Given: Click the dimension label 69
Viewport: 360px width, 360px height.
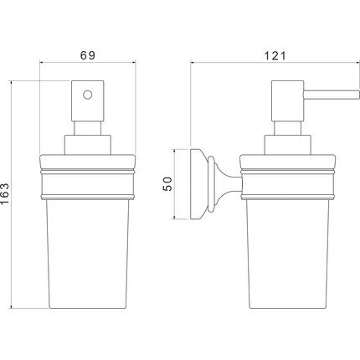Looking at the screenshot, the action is pos(88,55).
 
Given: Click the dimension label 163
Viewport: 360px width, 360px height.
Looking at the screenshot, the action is pos(5,193).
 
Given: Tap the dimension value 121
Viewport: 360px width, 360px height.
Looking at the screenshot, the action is pos(275,56).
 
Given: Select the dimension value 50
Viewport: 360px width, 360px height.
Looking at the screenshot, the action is pos(167,184).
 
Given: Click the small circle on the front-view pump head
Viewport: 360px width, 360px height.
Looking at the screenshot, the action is pos(87,95).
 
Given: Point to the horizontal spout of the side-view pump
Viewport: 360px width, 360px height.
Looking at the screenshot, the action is pos(332,95).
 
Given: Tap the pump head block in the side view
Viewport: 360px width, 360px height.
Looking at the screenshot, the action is pos(288,101).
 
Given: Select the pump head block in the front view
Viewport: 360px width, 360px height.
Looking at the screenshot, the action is pos(88,101).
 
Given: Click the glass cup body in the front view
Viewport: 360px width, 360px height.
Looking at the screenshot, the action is pos(88,254).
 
